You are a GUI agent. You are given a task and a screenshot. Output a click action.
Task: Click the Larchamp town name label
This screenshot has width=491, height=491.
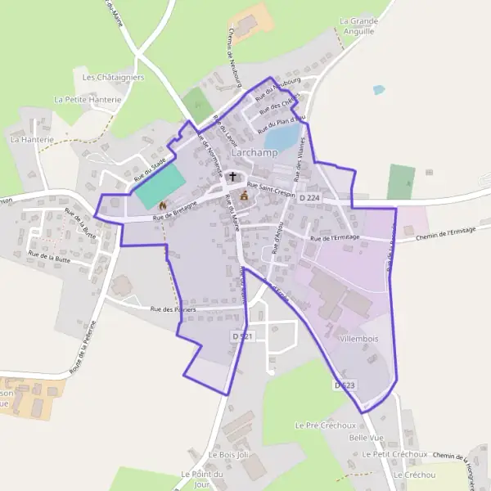pos(255,152)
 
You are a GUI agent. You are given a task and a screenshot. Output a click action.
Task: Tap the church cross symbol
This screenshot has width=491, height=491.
pos(233,176)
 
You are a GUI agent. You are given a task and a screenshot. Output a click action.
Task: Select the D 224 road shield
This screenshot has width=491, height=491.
pos(309,198)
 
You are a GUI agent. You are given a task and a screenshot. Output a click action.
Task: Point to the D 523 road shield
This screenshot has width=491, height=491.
pos(344,384)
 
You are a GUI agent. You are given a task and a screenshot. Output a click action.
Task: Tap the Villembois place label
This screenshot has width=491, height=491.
pos(357,336)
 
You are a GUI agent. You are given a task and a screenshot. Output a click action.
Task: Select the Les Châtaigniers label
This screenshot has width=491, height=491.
pos(113,77)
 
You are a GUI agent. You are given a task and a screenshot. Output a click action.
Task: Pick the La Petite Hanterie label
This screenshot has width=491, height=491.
pos(87,99)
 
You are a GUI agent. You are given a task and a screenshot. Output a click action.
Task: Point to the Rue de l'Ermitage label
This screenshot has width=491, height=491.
pos(335,238)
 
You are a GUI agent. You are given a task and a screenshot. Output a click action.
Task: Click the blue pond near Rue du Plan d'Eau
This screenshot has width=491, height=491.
pos(281,135)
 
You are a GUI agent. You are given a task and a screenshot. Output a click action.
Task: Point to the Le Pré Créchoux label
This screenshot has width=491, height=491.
pos(325,426)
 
